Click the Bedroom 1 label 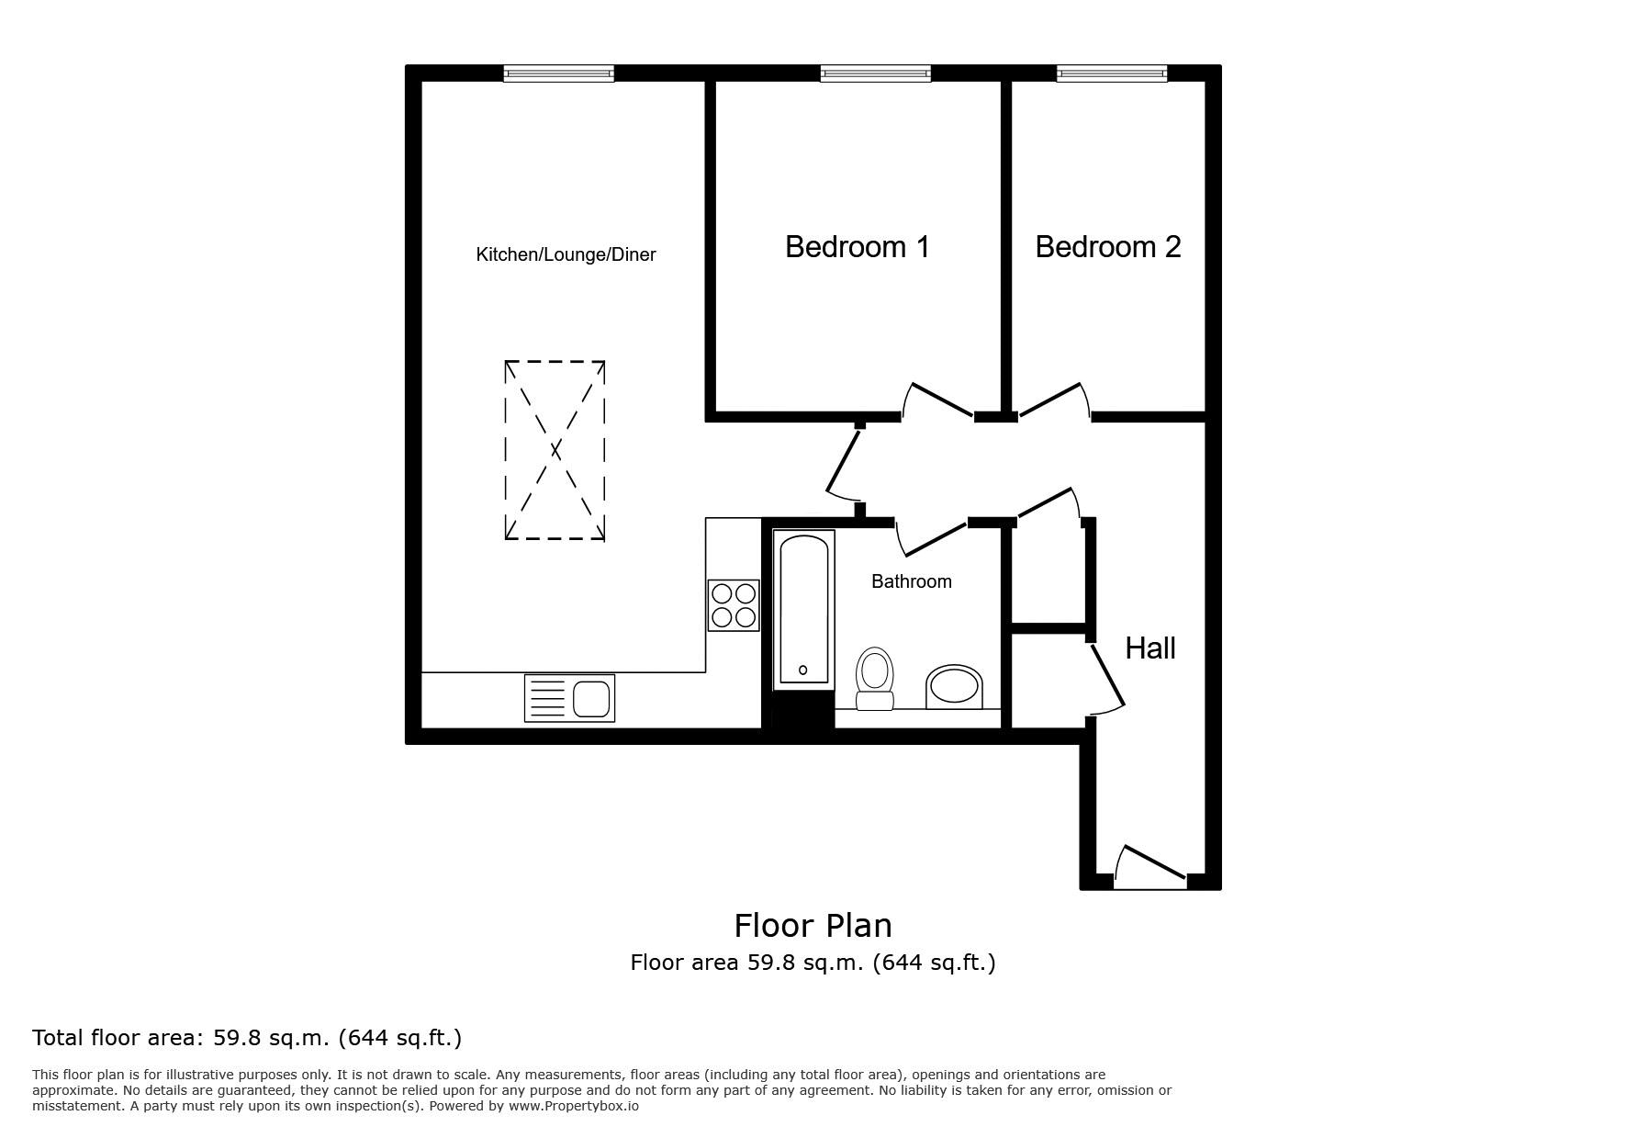(858, 246)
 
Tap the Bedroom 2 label (1108, 246)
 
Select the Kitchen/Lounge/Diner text (566, 254)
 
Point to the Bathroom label (912, 581)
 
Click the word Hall (1150, 648)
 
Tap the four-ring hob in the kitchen (734, 605)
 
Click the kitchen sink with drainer (569, 698)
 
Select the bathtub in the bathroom (804, 610)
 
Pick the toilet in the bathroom (874, 680)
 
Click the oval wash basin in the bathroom (954, 687)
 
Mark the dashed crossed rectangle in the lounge (555, 450)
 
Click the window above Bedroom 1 (876, 73)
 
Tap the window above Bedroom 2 (1112, 73)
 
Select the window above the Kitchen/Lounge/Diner (558, 73)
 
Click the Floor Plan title (813, 925)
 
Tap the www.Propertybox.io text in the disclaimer (574, 1106)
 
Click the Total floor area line (247, 1038)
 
